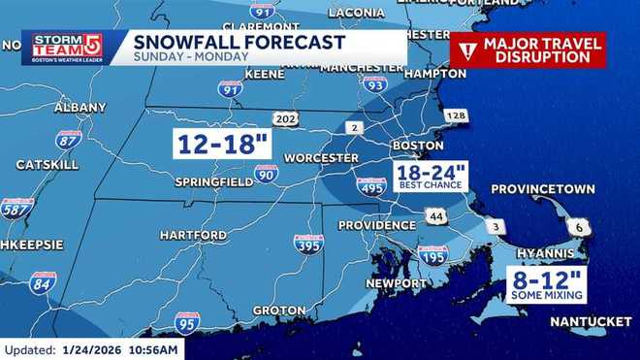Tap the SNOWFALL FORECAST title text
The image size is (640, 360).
239,42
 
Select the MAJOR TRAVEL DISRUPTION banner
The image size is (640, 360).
528,49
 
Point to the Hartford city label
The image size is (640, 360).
193,235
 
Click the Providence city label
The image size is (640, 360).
376,225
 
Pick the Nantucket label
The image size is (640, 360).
591,321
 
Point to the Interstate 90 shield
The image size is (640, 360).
267,173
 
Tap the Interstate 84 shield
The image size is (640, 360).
43,281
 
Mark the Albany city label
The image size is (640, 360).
80,107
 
